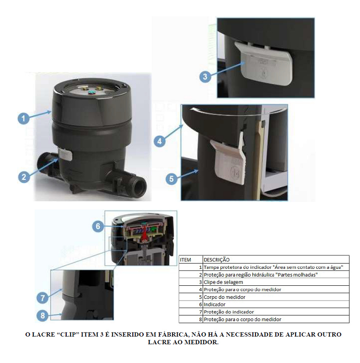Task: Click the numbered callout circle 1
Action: click(x=24, y=118)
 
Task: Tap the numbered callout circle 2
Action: click(x=24, y=177)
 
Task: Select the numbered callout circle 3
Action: click(x=205, y=77)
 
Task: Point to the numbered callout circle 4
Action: click(x=160, y=141)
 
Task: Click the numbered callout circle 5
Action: click(x=171, y=179)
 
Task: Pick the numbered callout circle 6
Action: click(x=98, y=226)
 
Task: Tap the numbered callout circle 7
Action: click(x=43, y=298)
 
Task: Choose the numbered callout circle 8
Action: click(x=43, y=315)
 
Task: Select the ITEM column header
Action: click(x=185, y=260)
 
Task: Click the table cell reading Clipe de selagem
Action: click(x=223, y=282)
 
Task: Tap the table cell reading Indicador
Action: click(x=214, y=305)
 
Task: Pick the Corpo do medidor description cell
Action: click(x=224, y=297)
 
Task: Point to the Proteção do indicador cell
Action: click(x=229, y=312)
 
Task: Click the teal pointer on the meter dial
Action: click(x=92, y=92)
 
